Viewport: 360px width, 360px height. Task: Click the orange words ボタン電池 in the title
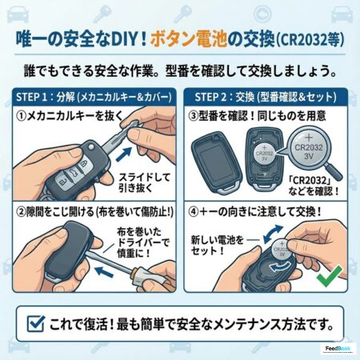[189, 39]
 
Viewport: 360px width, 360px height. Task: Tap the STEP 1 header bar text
[94, 97]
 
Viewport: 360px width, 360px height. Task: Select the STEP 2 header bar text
[266, 97]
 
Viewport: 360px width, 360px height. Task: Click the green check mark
[330, 276]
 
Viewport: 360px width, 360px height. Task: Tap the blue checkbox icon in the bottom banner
[36, 323]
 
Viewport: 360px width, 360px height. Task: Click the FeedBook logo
[338, 349]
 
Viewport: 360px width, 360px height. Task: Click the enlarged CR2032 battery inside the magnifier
[309, 148]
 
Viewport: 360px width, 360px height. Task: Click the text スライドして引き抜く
[144, 182]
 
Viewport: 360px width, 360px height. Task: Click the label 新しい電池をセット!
[218, 246]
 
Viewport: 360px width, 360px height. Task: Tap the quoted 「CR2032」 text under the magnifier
[310, 180]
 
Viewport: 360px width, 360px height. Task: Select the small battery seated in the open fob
[264, 154]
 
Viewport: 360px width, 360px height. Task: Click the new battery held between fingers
[282, 250]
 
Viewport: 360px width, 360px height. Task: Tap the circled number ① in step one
[22, 117]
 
